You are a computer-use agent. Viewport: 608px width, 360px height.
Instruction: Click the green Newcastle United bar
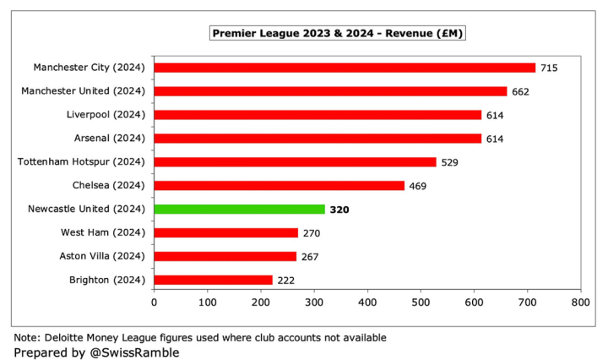239,209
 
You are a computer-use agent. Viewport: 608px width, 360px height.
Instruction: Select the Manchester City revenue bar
345,68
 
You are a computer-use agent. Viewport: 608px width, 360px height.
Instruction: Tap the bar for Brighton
213,280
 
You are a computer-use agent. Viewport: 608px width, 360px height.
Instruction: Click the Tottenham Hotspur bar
295,161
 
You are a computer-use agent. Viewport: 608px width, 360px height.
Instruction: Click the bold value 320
339,210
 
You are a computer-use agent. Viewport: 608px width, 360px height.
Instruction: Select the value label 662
520,91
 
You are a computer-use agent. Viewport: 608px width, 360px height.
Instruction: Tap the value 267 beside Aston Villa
310,257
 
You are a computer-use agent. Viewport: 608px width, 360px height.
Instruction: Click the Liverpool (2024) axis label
106,114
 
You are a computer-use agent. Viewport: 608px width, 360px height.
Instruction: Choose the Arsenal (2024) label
111,138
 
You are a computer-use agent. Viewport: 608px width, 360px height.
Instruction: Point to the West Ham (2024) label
103,232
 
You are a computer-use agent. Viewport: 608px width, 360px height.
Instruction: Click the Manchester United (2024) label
89,90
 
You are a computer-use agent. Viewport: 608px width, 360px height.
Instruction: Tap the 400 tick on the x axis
367,301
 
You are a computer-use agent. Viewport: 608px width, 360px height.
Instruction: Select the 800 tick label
580,301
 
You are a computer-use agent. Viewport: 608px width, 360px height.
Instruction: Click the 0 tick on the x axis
154,301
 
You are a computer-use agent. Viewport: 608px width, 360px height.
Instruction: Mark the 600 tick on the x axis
474,301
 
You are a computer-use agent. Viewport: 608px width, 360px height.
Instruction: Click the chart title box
338,33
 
